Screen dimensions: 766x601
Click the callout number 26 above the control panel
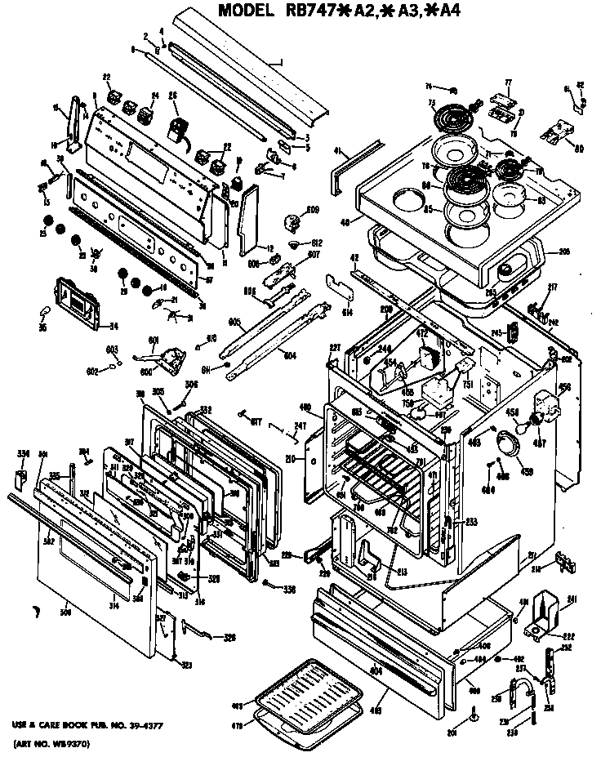[x=173, y=96]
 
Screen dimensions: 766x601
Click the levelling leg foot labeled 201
[x=473, y=719]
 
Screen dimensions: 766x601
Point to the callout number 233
[x=471, y=521]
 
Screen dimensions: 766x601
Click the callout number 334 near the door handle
[x=23, y=454]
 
